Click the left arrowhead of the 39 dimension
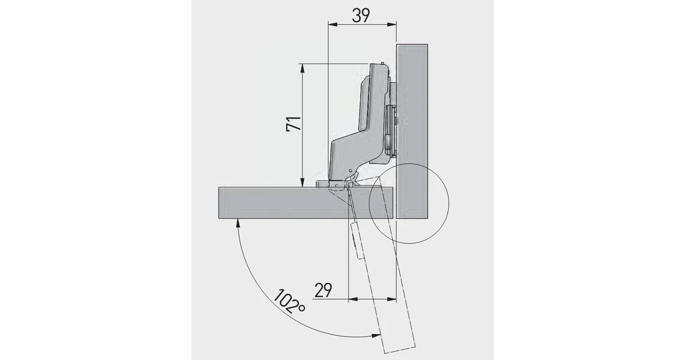pos(331,25)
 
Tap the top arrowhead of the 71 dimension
pos(303,67)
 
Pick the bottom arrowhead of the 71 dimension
pos(303,184)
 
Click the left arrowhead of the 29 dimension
pos(353,299)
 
